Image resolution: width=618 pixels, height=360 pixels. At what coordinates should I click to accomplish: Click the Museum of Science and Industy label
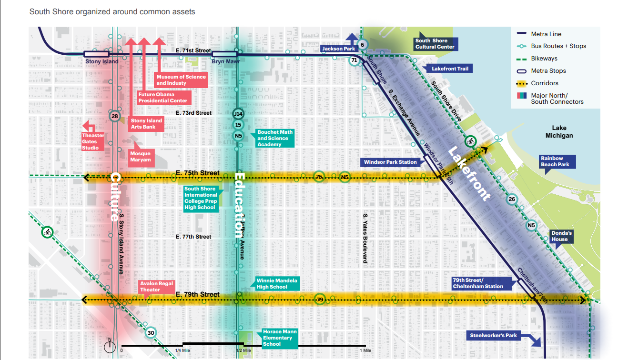point(181,80)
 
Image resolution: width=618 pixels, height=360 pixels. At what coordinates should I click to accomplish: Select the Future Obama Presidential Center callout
point(163,98)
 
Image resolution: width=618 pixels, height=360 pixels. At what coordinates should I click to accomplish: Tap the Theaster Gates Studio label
point(93,141)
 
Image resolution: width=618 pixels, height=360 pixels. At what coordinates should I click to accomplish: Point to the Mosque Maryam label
point(141,157)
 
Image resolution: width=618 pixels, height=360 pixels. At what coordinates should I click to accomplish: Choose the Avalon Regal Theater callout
point(157,287)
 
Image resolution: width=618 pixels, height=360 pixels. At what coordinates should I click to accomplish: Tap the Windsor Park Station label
point(390,162)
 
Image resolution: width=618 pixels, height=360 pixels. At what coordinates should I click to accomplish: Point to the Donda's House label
point(561,236)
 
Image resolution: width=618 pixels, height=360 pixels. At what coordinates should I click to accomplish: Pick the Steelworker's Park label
point(493,336)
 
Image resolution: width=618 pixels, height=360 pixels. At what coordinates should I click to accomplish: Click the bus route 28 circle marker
point(114,116)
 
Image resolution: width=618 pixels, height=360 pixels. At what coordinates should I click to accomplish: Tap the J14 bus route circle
point(238,114)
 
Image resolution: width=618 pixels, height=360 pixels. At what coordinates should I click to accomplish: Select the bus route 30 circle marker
point(151,333)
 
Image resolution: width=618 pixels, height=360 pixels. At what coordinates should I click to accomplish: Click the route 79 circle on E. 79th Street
point(320,300)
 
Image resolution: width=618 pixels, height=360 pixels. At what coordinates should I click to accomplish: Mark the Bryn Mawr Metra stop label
point(224,62)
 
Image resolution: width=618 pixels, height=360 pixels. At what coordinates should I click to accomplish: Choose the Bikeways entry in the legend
point(544,59)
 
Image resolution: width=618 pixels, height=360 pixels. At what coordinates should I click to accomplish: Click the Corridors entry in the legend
point(545,83)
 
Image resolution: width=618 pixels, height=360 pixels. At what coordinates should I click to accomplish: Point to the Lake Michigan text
point(559,132)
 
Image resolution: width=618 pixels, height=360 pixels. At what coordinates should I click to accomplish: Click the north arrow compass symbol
point(110,345)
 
